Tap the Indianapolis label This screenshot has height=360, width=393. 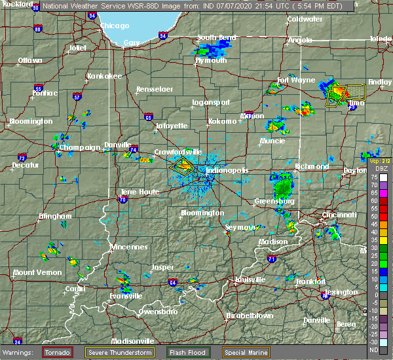pyautogui.click(x=227, y=170)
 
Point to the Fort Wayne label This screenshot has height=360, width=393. pyautogui.click(x=292, y=81)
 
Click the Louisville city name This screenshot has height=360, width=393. pyautogui.click(x=253, y=279)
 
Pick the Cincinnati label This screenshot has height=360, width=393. pyautogui.click(x=339, y=215)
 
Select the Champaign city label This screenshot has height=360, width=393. pyautogui.click(x=79, y=148)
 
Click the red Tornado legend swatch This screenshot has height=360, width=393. pyautogui.click(x=58, y=352)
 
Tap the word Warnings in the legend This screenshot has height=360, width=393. pyautogui.click(x=21, y=352)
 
